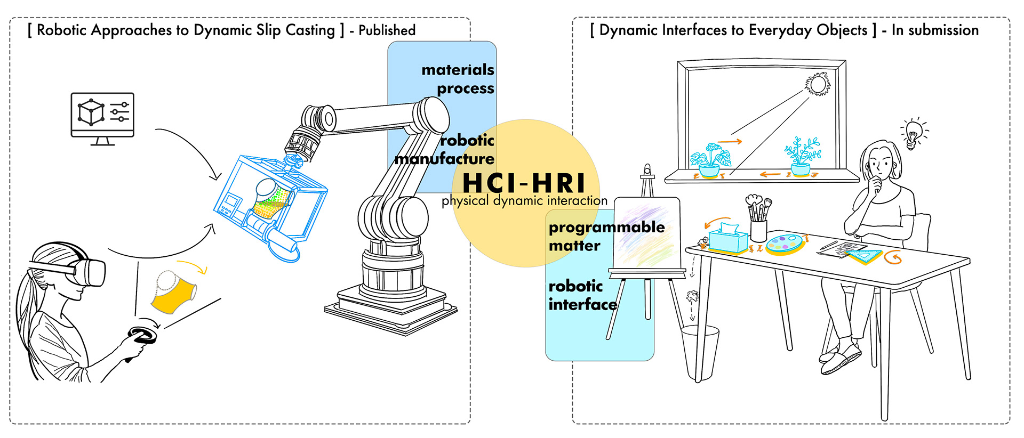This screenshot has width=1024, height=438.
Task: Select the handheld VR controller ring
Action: pyautogui.click(x=142, y=335)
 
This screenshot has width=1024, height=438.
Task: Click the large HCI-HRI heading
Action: pyautogui.click(x=524, y=183)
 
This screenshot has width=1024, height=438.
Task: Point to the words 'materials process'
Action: pyautogui.click(x=459, y=79)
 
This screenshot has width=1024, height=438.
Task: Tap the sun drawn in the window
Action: pyautogui.click(x=818, y=84)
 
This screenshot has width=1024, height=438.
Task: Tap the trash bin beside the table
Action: pyautogui.click(x=699, y=352)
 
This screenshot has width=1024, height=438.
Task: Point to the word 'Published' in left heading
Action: pyautogui.click(x=387, y=30)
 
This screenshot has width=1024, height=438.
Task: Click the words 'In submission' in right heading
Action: pyautogui.click(x=935, y=30)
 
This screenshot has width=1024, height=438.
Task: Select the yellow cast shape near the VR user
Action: pyautogui.click(x=172, y=292)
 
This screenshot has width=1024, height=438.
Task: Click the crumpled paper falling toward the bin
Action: pyautogui.click(x=693, y=296)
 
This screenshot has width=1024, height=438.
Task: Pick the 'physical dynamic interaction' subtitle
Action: pyautogui.click(x=524, y=201)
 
